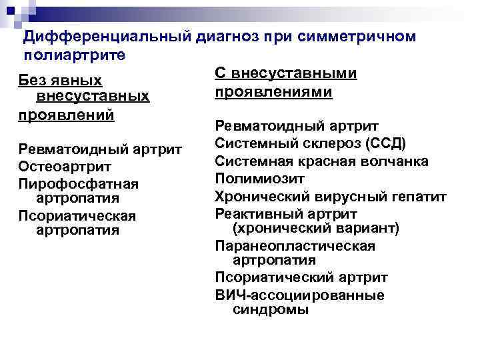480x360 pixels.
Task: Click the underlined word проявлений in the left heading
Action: [x=66, y=113]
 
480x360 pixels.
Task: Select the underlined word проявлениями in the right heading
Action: [x=273, y=91]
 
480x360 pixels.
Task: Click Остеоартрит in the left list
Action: [x=65, y=165]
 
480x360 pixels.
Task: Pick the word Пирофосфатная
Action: [x=78, y=183]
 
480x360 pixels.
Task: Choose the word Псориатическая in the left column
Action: [x=77, y=215]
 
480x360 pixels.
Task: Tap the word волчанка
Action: [x=396, y=161]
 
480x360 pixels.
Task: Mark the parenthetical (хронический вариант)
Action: [x=315, y=229]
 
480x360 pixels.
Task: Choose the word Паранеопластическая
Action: [x=295, y=246]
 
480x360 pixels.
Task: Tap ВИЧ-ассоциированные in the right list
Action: [x=299, y=295]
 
